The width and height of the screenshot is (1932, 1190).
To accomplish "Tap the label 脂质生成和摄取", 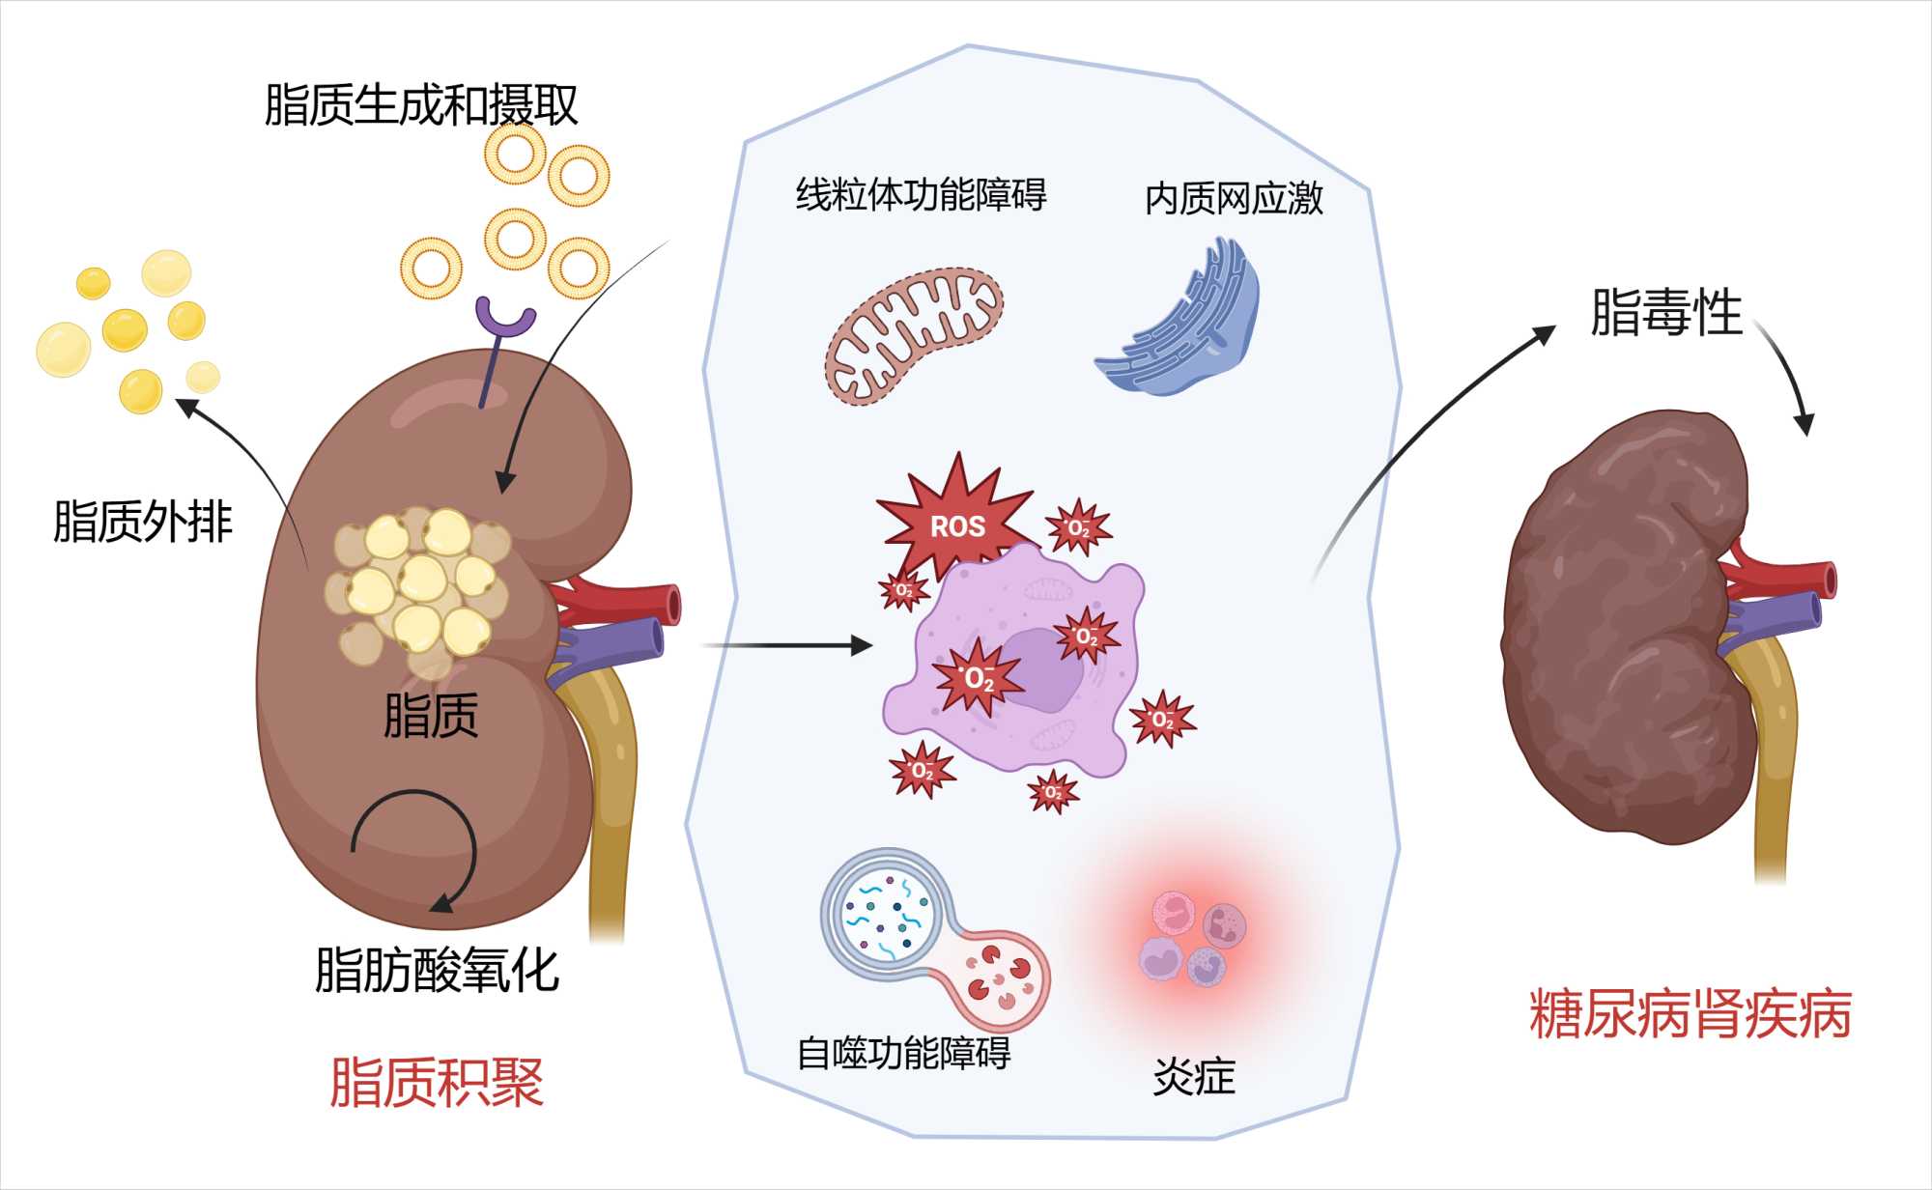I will click(x=421, y=105).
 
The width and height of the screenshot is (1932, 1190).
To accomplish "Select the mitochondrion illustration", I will click(x=914, y=334).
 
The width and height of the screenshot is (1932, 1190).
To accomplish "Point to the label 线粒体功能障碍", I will click(x=921, y=195).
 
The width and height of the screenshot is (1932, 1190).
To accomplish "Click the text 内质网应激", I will click(x=1234, y=199).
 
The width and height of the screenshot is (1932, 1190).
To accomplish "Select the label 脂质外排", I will click(x=143, y=522).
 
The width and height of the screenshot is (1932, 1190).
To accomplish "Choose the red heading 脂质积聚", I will click(x=437, y=1082).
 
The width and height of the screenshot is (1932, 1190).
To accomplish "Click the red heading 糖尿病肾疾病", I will click(x=1690, y=1014).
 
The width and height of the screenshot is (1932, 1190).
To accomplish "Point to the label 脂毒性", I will click(x=1665, y=313).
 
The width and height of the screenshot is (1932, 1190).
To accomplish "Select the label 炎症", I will click(x=1194, y=1076).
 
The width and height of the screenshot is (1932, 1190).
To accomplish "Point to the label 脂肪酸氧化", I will click(x=437, y=971).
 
